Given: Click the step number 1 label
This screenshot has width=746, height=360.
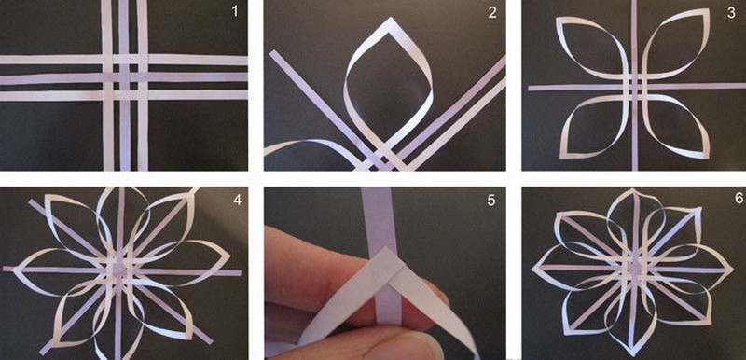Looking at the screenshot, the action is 235,11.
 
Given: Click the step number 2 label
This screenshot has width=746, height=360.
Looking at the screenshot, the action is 492,12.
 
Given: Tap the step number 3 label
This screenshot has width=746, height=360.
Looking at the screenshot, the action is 731,12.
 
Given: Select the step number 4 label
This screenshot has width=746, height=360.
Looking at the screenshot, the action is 237,200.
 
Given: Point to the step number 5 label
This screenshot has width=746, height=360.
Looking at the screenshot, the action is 491,201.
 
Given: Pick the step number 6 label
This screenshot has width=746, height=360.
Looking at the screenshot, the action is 738,198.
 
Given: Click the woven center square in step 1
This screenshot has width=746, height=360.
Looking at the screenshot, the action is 124,77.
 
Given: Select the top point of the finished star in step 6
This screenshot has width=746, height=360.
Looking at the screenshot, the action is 633,190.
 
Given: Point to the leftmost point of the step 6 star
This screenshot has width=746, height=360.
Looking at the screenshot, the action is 532,266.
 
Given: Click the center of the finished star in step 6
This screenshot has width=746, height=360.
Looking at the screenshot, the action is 633,270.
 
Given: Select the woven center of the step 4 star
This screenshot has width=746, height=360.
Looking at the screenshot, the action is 119,270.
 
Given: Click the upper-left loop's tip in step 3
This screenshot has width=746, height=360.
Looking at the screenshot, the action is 558,20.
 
